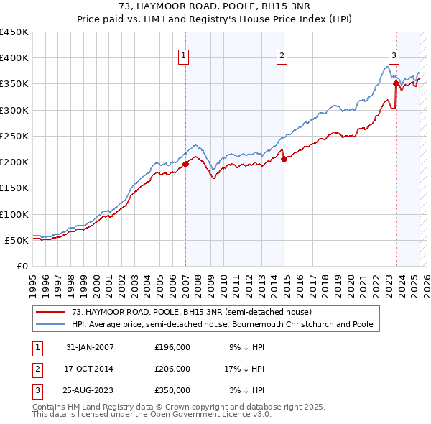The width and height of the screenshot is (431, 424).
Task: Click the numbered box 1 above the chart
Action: pyautogui.click(x=184, y=56)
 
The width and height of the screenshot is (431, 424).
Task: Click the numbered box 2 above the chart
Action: pyautogui.click(x=282, y=56)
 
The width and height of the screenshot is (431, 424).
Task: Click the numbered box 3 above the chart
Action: pyautogui.click(x=394, y=56)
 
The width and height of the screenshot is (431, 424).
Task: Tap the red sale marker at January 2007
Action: pyautogui.click(x=185, y=164)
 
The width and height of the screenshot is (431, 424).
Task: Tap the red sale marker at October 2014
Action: pyautogui.click(x=284, y=159)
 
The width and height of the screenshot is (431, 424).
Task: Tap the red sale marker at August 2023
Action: pyautogui.click(x=396, y=84)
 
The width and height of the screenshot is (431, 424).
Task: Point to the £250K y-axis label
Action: pyautogui.click(x=14, y=136)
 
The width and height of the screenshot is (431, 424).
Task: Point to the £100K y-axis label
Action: pyautogui.click(x=14, y=214)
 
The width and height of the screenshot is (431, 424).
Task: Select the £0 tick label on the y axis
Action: pyautogui.click(x=22, y=266)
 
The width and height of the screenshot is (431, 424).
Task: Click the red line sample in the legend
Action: pyautogui.click(x=52, y=313)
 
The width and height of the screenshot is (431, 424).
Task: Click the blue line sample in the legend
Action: pyautogui.click(x=52, y=325)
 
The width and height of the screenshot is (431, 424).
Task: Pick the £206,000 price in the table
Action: pyautogui.click(x=172, y=369)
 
